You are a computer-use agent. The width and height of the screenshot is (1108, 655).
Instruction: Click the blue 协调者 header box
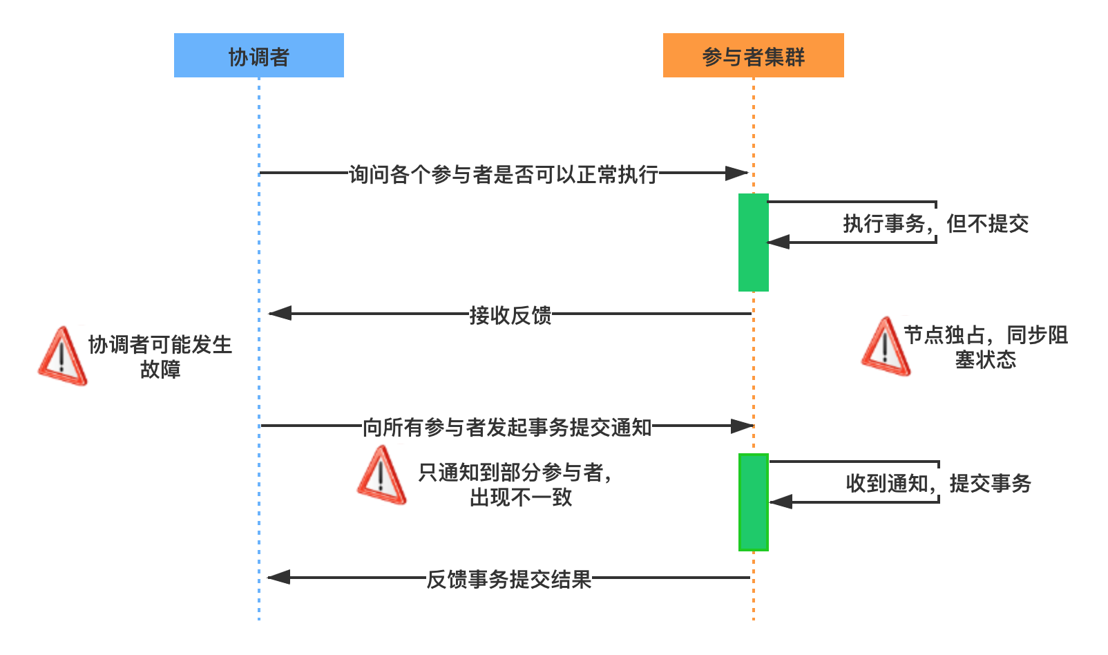pyautogui.click(x=258, y=55)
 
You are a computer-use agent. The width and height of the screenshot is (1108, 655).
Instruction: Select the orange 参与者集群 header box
pyautogui.click(x=753, y=55)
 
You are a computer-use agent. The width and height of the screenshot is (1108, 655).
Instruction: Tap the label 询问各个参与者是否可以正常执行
pyautogui.click(x=503, y=173)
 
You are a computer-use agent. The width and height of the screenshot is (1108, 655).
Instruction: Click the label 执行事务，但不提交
pyautogui.click(x=935, y=222)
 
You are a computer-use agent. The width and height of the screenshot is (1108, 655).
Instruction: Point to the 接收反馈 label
pyautogui.click(x=510, y=314)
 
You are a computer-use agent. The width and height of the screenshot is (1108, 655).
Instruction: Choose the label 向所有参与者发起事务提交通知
pyautogui.click(x=506, y=426)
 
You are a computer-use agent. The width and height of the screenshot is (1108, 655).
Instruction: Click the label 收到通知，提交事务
pyautogui.click(x=938, y=482)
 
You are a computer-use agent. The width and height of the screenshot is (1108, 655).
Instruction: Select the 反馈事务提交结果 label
pyautogui.click(x=508, y=578)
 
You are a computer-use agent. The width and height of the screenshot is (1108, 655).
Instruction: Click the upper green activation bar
pyautogui.click(x=753, y=242)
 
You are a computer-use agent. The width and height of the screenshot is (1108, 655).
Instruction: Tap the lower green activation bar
pyautogui.click(x=753, y=502)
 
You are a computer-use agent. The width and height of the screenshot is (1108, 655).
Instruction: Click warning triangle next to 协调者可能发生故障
pyautogui.click(x=62, y=357)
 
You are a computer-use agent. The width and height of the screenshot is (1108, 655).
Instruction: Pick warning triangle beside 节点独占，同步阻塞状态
pyautogui.click(x=886, y=347)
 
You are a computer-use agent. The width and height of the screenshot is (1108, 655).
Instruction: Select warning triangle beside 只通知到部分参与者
pyautogui.click(x=381, y=476)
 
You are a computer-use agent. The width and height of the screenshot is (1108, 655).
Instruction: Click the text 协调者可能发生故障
pyautogui.click(x=160, y=357)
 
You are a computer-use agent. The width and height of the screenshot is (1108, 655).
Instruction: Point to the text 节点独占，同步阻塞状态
pyautogui.click(x=985, y=347)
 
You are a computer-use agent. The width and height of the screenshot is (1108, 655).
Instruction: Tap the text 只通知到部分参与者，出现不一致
pyautogui.click(x=515, y=484)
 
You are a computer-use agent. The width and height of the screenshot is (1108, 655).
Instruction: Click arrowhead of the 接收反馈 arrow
pyautogui.click(x=279, y=314)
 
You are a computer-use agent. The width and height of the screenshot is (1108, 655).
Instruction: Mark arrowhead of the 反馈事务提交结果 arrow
pyautogui.click(x=278, y=577)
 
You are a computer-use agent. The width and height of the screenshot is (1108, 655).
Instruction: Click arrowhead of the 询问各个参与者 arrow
pyautogui.click(x=737, y=173)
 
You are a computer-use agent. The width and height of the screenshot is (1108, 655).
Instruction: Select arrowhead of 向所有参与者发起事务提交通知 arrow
pyautogui.click(x=741, y=426)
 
